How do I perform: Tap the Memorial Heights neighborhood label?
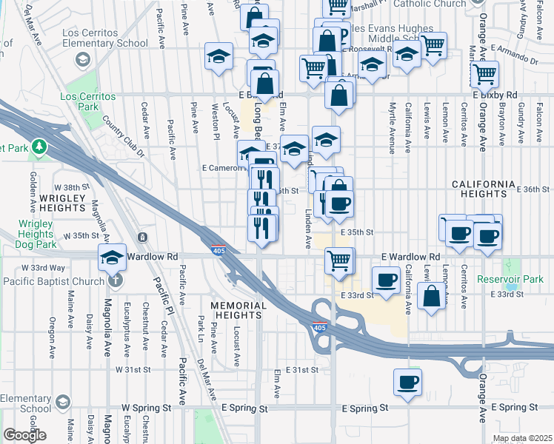(x=238, y=310)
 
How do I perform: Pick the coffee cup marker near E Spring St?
(x=407, y=383)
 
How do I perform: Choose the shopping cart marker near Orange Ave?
(x=484, y=74)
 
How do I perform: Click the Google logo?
(x=25, y=436)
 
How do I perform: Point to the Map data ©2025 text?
(x=522, y=438)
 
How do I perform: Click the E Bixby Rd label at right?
(x=495, y=95)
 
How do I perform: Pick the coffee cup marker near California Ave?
(x=387, y=280)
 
